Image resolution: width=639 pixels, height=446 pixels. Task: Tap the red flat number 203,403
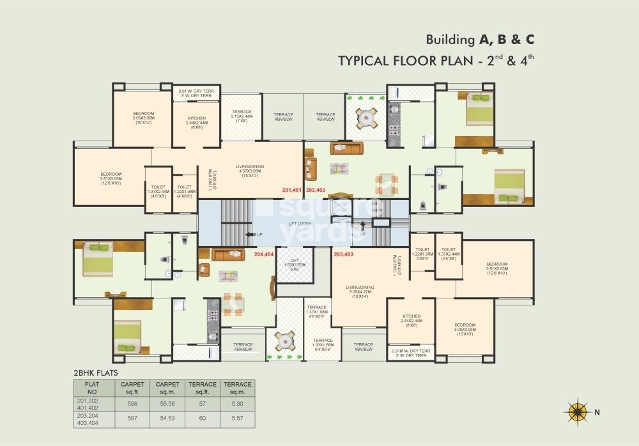tap(343, 254)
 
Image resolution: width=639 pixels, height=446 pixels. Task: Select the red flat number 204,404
tap(264, 254)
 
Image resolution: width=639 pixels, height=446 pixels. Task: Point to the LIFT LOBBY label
tap(299, 224)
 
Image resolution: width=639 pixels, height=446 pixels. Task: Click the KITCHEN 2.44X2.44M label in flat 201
tap(197, 121)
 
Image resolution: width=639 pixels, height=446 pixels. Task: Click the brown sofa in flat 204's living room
tap(228, 255)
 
